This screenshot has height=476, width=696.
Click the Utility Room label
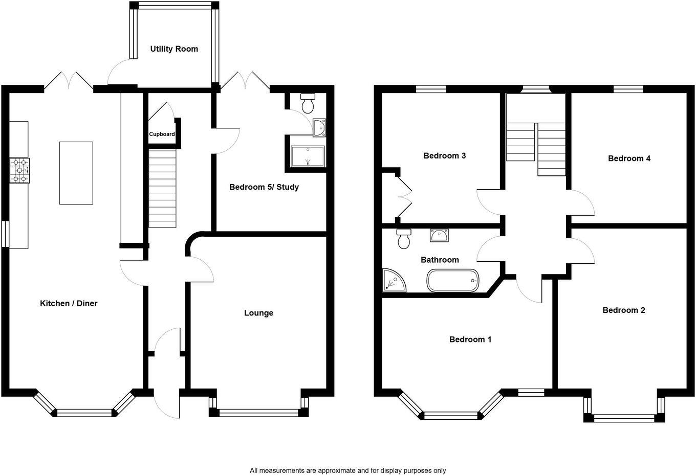coord(174,49)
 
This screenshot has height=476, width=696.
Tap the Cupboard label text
coord(162,134)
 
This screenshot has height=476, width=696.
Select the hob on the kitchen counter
coord(19,170)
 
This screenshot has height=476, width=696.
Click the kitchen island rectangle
coord(76,173)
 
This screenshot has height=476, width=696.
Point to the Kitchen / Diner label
coord(69,303)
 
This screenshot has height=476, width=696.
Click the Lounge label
coord(258,313)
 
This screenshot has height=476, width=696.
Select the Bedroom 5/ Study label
coord(264,187)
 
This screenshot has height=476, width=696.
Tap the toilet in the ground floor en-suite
coord(308,103)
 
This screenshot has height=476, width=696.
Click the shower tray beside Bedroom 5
coord(307,156)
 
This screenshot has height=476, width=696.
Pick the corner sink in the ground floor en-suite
coord(319,127)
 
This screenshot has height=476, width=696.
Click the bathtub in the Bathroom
coord(453,281)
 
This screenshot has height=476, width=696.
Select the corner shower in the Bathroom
coord(393,280)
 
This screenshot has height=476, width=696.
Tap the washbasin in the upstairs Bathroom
coord(439,235)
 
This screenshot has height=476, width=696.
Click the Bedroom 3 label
coord(444,155)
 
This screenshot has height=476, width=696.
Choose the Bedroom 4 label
coord(629,158)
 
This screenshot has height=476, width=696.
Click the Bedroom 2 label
coord(623,310)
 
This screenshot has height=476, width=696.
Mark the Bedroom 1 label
coord(470,339)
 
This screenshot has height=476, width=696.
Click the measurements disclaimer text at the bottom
coord(347,470)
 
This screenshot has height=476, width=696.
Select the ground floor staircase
coord(163,188)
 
